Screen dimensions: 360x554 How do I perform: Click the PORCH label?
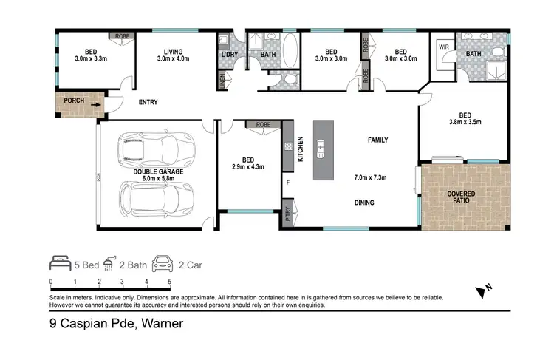(73, 101)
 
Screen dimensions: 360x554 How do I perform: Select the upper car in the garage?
(154, 150)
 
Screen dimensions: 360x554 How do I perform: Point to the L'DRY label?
(227, 56)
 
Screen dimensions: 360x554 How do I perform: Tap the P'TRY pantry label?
(287, 216)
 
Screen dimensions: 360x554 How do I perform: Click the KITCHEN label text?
(300, 149)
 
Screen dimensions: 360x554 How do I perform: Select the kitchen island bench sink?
(321, 149)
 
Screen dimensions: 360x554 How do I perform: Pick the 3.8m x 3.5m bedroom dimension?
(465, 124)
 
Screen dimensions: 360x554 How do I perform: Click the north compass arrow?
(484, 289)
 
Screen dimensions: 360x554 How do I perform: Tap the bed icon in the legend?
(60, 261)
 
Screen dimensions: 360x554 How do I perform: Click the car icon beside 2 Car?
(162, 261)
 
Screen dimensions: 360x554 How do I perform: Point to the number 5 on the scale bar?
(171, 282)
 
